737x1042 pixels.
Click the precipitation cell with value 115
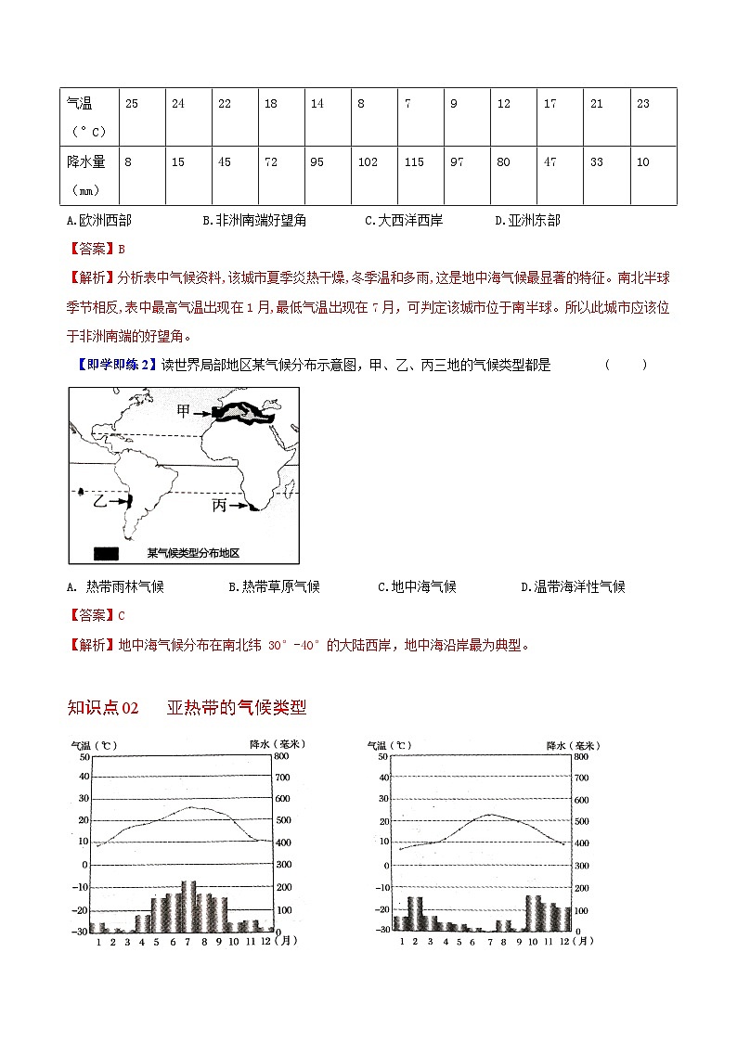pyautogui.click(x=414, y=162)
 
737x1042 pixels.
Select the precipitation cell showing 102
pyautogui.click(x=368, y=162)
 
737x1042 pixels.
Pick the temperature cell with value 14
pyautogui.click(x=317, y=104)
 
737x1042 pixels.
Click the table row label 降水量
pyautogui.click(x=86, y=162)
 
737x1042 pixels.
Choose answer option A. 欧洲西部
pyautogui.click(x=99, y=221)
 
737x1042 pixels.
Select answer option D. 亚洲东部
pyautogui.click(x=528, y=221)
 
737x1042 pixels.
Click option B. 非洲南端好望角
pyautogui.click(x=253, y=221)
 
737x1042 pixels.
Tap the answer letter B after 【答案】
pyautogui.click(x=121, y=249)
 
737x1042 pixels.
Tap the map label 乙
pyautogui.click(x=101, y=500)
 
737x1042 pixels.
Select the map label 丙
pyautogui.click(x=219, y=506)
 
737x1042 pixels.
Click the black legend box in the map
pyautogui.click(x=106, y=553)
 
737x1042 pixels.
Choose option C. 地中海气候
pyautogui.click(x=417, y=587)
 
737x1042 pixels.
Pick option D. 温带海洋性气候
pyautogui.click(x=573, y=587)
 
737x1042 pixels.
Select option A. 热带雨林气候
pyautogui.click(x=115, y=587)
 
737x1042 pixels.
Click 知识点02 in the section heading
pyautogui.click(x=103, y=708)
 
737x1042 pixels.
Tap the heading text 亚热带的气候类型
pyautogui.click(x=237, y=708)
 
